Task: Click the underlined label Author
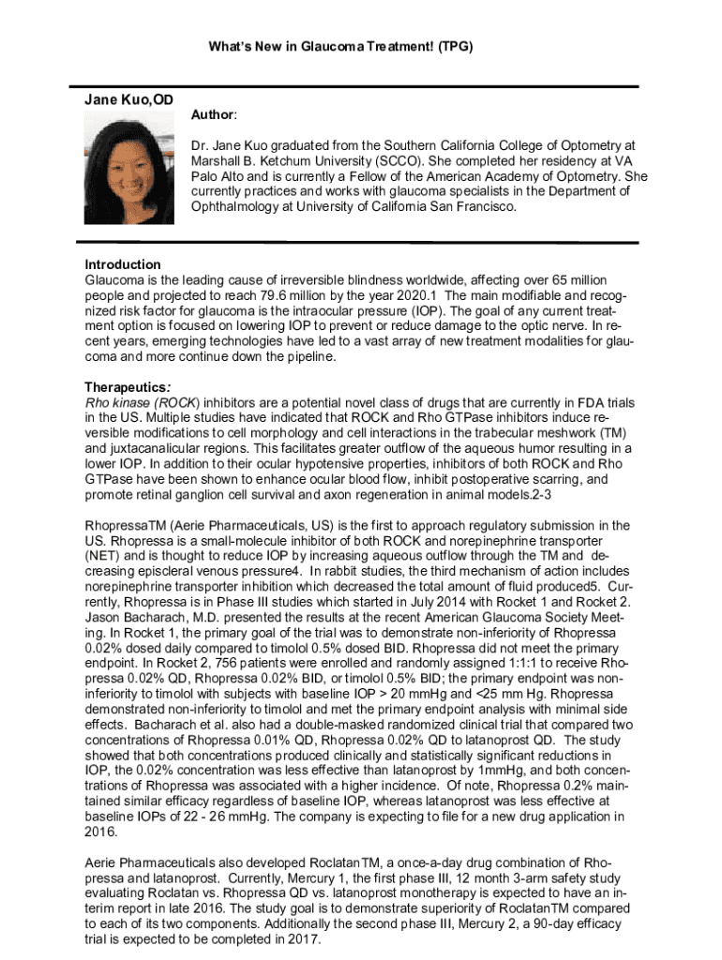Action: coord(214,114)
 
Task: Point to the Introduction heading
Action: coord(123,264)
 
